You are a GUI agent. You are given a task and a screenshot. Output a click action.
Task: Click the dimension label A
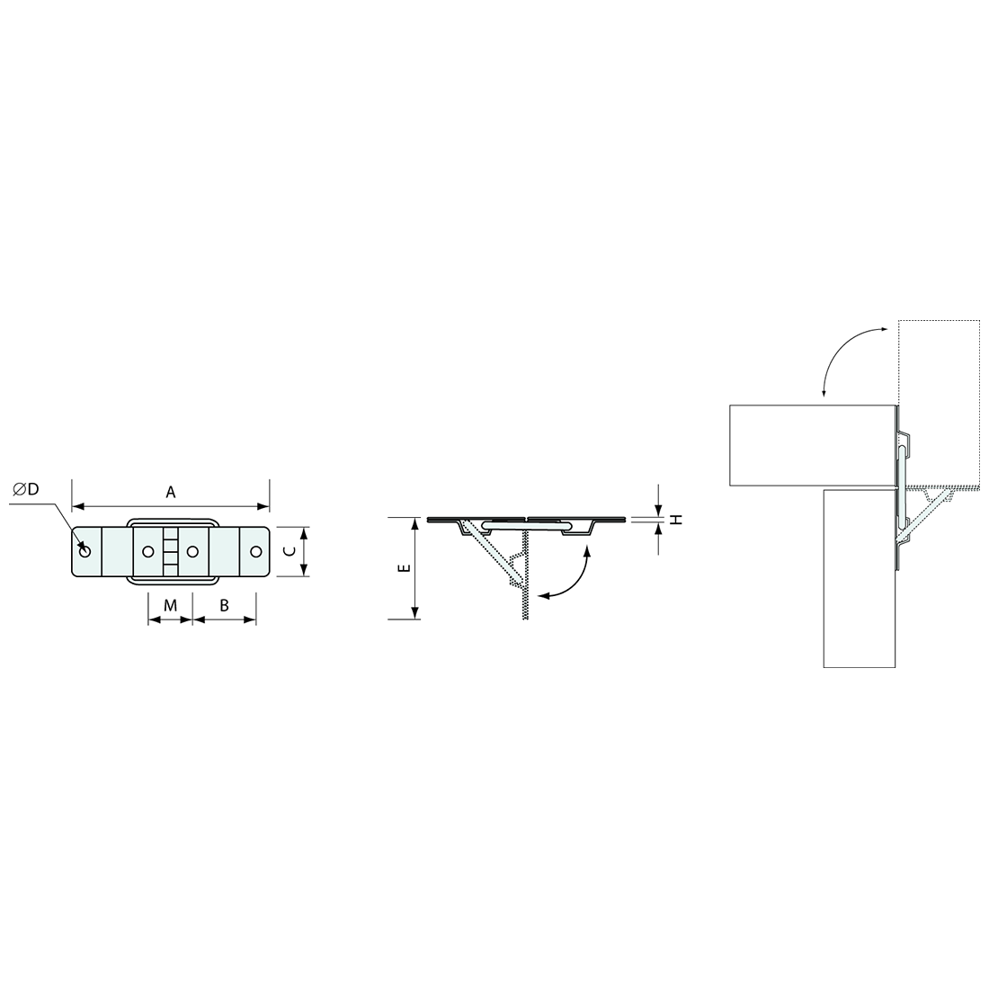(170, 492)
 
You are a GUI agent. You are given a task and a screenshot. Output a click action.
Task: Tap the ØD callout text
(25, 489)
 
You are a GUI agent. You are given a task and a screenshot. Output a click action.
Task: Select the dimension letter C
(289, 551)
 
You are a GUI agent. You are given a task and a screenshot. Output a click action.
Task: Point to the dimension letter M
(170, 605)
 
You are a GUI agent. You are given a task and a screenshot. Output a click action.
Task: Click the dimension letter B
(224, 605)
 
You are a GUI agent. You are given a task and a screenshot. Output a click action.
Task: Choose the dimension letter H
(676, 519)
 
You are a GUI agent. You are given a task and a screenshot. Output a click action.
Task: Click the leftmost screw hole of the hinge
(85, 552)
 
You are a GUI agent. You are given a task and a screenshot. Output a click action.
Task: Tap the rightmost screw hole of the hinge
(255, 552)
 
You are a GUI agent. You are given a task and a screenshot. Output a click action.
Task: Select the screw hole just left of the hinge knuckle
(148, 552)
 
